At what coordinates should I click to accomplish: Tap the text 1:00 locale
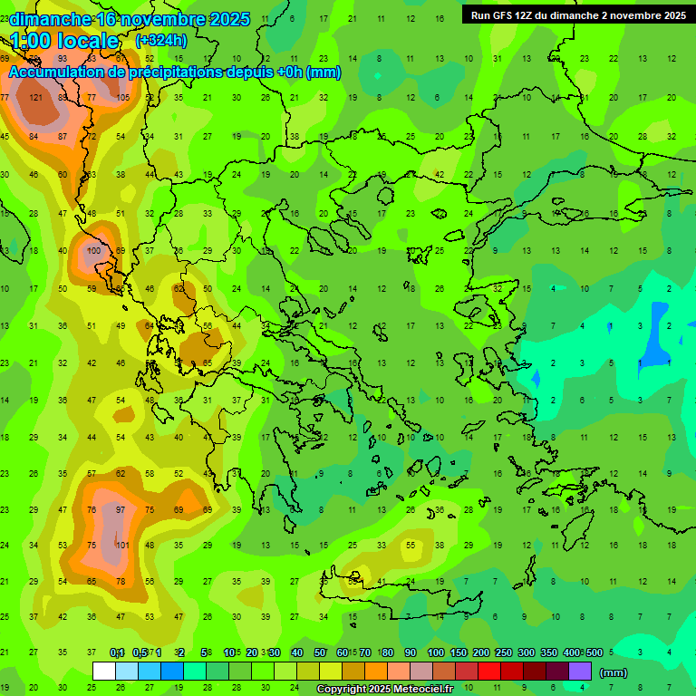coord(64,41)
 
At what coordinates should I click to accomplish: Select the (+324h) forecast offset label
coord(160,41)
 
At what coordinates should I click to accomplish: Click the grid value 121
coord(36,98)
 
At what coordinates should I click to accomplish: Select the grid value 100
coord(93,251)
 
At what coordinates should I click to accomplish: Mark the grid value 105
coord(123,98)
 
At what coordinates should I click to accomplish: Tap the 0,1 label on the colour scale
coord(117,652)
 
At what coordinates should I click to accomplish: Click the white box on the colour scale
coord(104,672)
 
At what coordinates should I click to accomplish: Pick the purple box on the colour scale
coord(580,672)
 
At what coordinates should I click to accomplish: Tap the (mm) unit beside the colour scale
coord(614,672)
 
